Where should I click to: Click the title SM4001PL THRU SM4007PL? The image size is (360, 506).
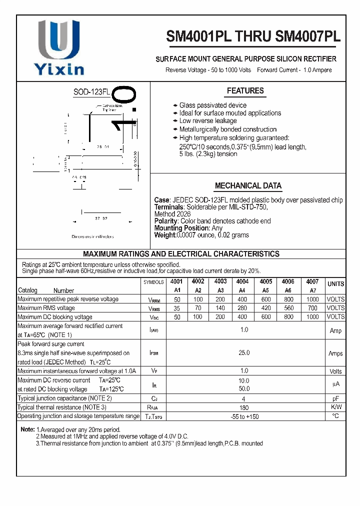(253, 36)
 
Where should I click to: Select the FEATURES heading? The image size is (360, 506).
(245, 91)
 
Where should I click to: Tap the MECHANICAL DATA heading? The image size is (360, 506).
(248, 185)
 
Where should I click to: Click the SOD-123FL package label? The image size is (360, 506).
(91, 92)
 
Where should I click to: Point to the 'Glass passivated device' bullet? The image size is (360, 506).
(212, 105)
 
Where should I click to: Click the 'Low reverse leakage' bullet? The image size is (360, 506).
(208, 121)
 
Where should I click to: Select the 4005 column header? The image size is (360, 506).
(266, 282)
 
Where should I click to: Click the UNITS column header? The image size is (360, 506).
(335, 284)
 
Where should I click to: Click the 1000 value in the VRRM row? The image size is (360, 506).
(312, 299)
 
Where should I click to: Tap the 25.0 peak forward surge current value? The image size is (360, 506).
(244, 353)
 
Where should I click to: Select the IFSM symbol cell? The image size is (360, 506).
(154, 353)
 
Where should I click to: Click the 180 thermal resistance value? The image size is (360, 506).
(244, 407)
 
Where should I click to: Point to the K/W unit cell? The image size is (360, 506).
(335, 407)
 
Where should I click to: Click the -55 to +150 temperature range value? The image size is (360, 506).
(244, 416)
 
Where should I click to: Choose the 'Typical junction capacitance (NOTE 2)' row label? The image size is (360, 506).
(64, 398)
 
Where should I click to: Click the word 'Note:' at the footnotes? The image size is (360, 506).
(27, 429)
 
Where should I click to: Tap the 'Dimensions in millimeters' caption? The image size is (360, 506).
(92, 236)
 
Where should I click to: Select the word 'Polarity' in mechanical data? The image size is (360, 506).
(166, 221)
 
